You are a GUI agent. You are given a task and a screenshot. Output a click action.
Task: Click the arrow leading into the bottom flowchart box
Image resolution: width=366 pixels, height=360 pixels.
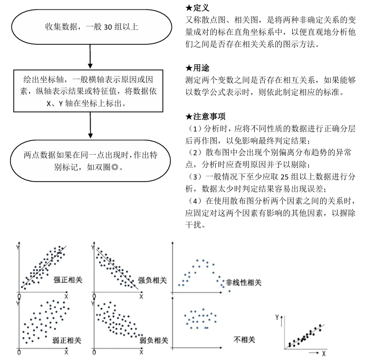point(92,127)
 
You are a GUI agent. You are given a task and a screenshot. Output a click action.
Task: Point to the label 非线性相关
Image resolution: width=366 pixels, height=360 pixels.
point(243,283)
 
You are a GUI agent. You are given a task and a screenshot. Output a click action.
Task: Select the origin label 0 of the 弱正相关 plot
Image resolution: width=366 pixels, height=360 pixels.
point(19,352)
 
